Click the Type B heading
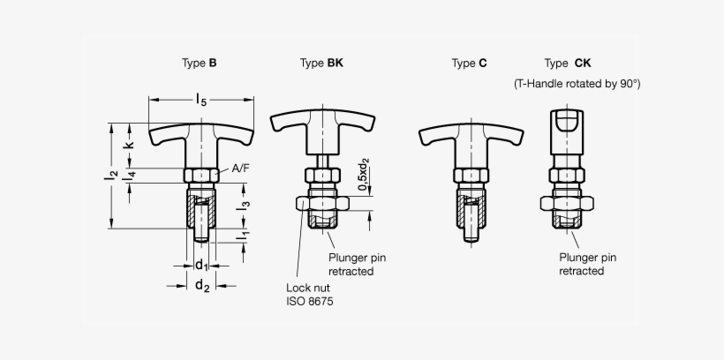199,64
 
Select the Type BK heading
321,64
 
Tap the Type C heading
469,64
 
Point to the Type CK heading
568,64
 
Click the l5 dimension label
201,100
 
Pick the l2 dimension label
111,176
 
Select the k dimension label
129,145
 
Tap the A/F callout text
240,169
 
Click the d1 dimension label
201,266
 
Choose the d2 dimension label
202,286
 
